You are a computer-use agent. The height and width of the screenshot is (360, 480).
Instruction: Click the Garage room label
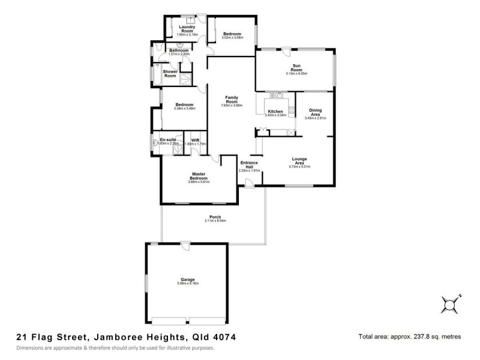coord(188,279)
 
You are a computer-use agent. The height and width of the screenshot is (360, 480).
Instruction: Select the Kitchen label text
coord(275,111)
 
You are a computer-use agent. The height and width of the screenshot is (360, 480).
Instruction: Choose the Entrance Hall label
coord(249,164)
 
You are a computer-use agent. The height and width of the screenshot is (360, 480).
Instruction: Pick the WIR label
coord(195,140)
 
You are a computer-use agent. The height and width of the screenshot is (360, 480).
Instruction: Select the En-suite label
coord(167,140)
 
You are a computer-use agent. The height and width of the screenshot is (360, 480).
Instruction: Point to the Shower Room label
coord(170,74)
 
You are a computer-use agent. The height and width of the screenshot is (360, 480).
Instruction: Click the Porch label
coord(215,217)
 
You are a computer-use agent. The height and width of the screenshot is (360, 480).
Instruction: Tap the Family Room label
coord(232,99)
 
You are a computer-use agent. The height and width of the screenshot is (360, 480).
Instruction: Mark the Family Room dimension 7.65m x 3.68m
coord(232,106)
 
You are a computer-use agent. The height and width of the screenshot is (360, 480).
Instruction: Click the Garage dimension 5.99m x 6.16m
coord(188,283)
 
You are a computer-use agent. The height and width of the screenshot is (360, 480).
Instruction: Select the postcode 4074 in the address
coord(224,337)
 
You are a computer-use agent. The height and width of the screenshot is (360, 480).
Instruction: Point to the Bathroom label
coord(179,50)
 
